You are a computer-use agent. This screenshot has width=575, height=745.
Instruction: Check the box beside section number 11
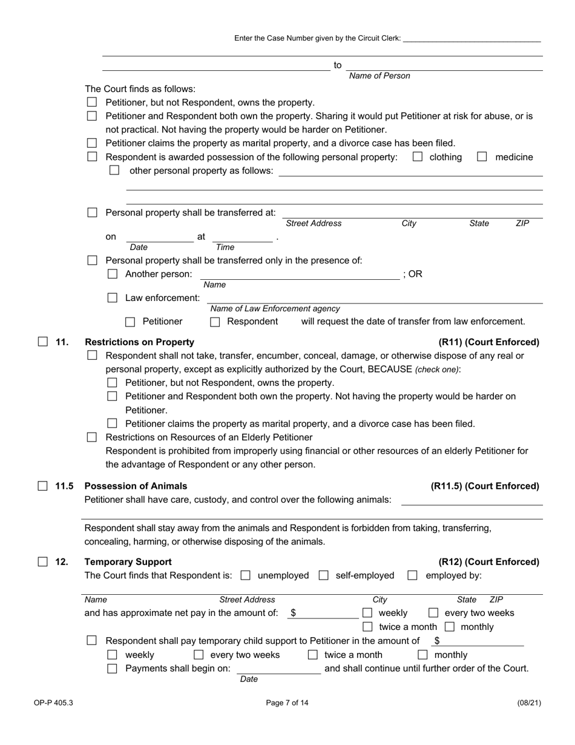click(43, 342)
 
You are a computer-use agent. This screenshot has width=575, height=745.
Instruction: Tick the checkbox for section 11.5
click(43, 486)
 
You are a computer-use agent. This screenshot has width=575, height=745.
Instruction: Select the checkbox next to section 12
click(43, 561)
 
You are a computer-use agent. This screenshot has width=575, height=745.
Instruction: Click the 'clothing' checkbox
click(418, 157)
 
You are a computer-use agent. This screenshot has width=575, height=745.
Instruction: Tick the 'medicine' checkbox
click(482, 157)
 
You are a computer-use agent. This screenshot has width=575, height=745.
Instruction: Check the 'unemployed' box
click(246, 575)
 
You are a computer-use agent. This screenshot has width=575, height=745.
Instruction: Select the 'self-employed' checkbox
click(324, 575)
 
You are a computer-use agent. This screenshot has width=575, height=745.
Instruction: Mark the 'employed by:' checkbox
click(413, 575)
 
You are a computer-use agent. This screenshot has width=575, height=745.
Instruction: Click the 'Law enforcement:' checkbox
click(112, 298)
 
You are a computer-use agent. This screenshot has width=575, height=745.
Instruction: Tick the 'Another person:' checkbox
click(112, 274)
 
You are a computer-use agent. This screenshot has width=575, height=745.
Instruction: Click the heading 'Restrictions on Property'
click(139, 342)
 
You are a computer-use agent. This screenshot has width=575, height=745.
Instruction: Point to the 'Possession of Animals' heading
click(136, 486)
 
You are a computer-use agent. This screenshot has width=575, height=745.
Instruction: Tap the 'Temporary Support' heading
click(128, 561)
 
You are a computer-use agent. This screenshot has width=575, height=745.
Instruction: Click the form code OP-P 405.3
click(53, 703)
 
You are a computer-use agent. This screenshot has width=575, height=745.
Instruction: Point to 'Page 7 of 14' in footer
click(287, 703)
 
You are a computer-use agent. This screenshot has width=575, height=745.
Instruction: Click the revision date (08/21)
click(529, 703)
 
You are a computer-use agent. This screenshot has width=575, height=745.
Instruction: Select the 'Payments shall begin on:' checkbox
click(112, 669)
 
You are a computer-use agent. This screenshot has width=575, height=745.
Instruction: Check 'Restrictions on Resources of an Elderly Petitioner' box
click(92, 437)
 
